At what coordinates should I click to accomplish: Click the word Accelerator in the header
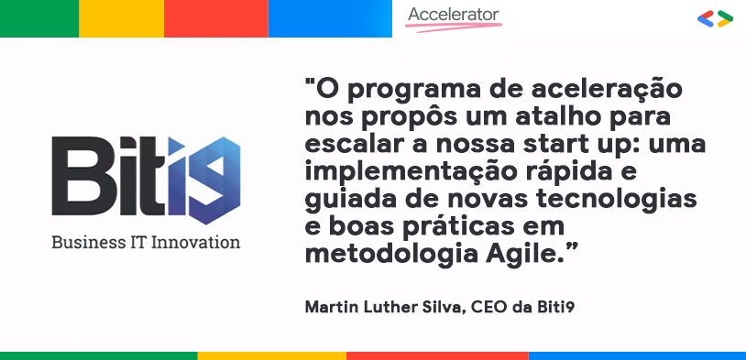(454, 15)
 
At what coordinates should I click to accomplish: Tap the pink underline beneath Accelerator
(453, 27)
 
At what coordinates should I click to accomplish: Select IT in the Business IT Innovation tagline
(139, 243)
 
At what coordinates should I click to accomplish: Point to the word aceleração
(603, 92)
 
